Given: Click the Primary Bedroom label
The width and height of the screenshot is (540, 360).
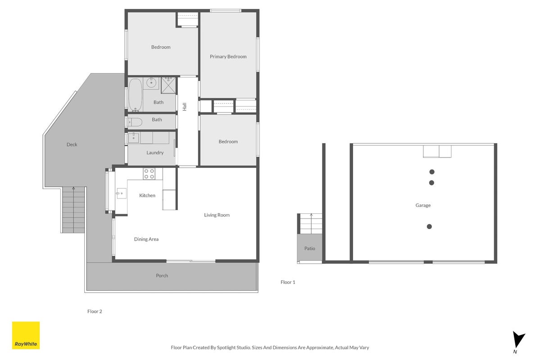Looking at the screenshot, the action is click(x=228, y=56).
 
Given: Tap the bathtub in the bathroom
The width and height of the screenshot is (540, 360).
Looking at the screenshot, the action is click(x=136, y=94).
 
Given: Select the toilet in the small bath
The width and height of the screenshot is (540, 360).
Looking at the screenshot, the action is click(x=135, y=122).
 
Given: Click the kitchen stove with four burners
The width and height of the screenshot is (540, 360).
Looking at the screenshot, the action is click(x=149, y=174).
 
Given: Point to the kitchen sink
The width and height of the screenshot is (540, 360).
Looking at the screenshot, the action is click(x=121, y=193).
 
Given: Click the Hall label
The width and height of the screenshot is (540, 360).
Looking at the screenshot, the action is click(x=185, y=107).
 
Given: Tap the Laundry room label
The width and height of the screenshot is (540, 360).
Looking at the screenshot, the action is click(x=155, y=153).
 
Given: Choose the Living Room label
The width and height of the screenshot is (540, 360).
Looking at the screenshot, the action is click(x=217, y=215).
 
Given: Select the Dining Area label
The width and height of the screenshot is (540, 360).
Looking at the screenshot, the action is click(x=146, y=239).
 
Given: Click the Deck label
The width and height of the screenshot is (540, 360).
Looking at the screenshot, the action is click(x=72, y=144).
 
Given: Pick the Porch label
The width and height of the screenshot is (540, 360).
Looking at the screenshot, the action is click(x=162, y=275).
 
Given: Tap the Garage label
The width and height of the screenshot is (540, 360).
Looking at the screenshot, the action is click(x=423, y=205).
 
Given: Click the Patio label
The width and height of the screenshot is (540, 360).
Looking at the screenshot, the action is click(x=309, y=248).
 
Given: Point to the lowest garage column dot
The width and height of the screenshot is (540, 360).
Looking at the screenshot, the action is click(x=429, y=226).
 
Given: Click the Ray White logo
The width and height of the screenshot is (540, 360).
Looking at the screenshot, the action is click(x=26, y=336).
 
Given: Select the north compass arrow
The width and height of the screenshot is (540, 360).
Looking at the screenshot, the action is click(x=518, y=340).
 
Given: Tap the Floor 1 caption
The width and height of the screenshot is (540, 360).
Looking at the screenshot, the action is click(x=287, y=282).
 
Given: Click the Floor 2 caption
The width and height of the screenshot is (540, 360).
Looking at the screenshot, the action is click(x=95, y=311).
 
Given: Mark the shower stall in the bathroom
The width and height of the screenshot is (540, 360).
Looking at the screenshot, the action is click(x=168, y=85).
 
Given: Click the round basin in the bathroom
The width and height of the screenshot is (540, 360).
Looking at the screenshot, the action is click(x=151, y=83).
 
